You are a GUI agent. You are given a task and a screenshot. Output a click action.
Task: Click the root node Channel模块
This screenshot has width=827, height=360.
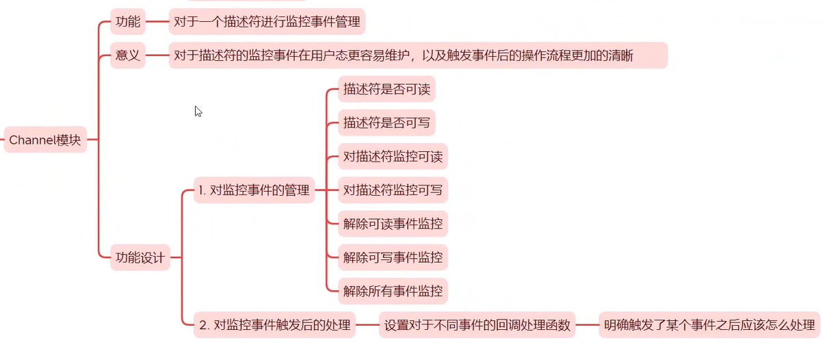[x=45, y=140]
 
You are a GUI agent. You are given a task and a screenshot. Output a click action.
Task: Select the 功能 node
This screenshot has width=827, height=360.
[x=128, y=22]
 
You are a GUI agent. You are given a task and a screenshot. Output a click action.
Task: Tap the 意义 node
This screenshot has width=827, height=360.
[x=128, y=55]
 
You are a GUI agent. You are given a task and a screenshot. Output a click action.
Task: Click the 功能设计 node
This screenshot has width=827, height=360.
[x=140, y=258]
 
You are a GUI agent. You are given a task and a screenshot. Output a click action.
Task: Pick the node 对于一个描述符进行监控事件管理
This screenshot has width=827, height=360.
[x=267, y=22]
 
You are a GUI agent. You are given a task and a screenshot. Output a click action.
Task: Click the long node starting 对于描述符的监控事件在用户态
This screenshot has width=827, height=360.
[x=417, y=55]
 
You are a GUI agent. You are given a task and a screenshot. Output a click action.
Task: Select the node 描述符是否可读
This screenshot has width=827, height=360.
[x=386, y=90]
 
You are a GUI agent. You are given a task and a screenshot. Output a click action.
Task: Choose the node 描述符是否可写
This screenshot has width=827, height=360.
[x=386, y=123]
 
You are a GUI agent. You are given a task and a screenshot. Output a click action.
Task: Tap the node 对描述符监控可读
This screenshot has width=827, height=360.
[x=393, y=157]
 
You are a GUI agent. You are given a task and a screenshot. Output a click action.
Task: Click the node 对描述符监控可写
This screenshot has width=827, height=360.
[x=393, y=190]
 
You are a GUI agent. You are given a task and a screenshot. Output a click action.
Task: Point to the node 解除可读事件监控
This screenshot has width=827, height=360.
[x=393, y=224]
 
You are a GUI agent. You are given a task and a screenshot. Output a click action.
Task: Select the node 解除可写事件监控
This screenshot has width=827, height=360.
[x=393, y=258]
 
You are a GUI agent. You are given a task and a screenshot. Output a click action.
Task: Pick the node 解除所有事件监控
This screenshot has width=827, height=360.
[x=393, y=292]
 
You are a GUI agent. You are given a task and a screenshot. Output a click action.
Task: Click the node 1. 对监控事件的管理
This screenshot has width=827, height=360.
[x=253, y=190]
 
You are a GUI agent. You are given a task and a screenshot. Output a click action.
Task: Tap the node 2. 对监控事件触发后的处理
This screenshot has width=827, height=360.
[x=274, y=325]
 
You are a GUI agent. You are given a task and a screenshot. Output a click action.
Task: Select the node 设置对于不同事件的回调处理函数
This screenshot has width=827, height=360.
[x=477, y=325]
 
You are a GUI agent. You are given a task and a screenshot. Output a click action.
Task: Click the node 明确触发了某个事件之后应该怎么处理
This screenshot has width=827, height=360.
[x=709, y=325]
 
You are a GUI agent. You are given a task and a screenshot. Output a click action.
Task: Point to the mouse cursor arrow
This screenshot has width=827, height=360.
[x=198, y=111]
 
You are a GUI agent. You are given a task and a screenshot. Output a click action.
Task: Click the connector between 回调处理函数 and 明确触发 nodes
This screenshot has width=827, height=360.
[x=587, y=325]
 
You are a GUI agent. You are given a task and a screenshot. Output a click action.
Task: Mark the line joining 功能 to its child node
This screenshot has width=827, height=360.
[x=157, y=22]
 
